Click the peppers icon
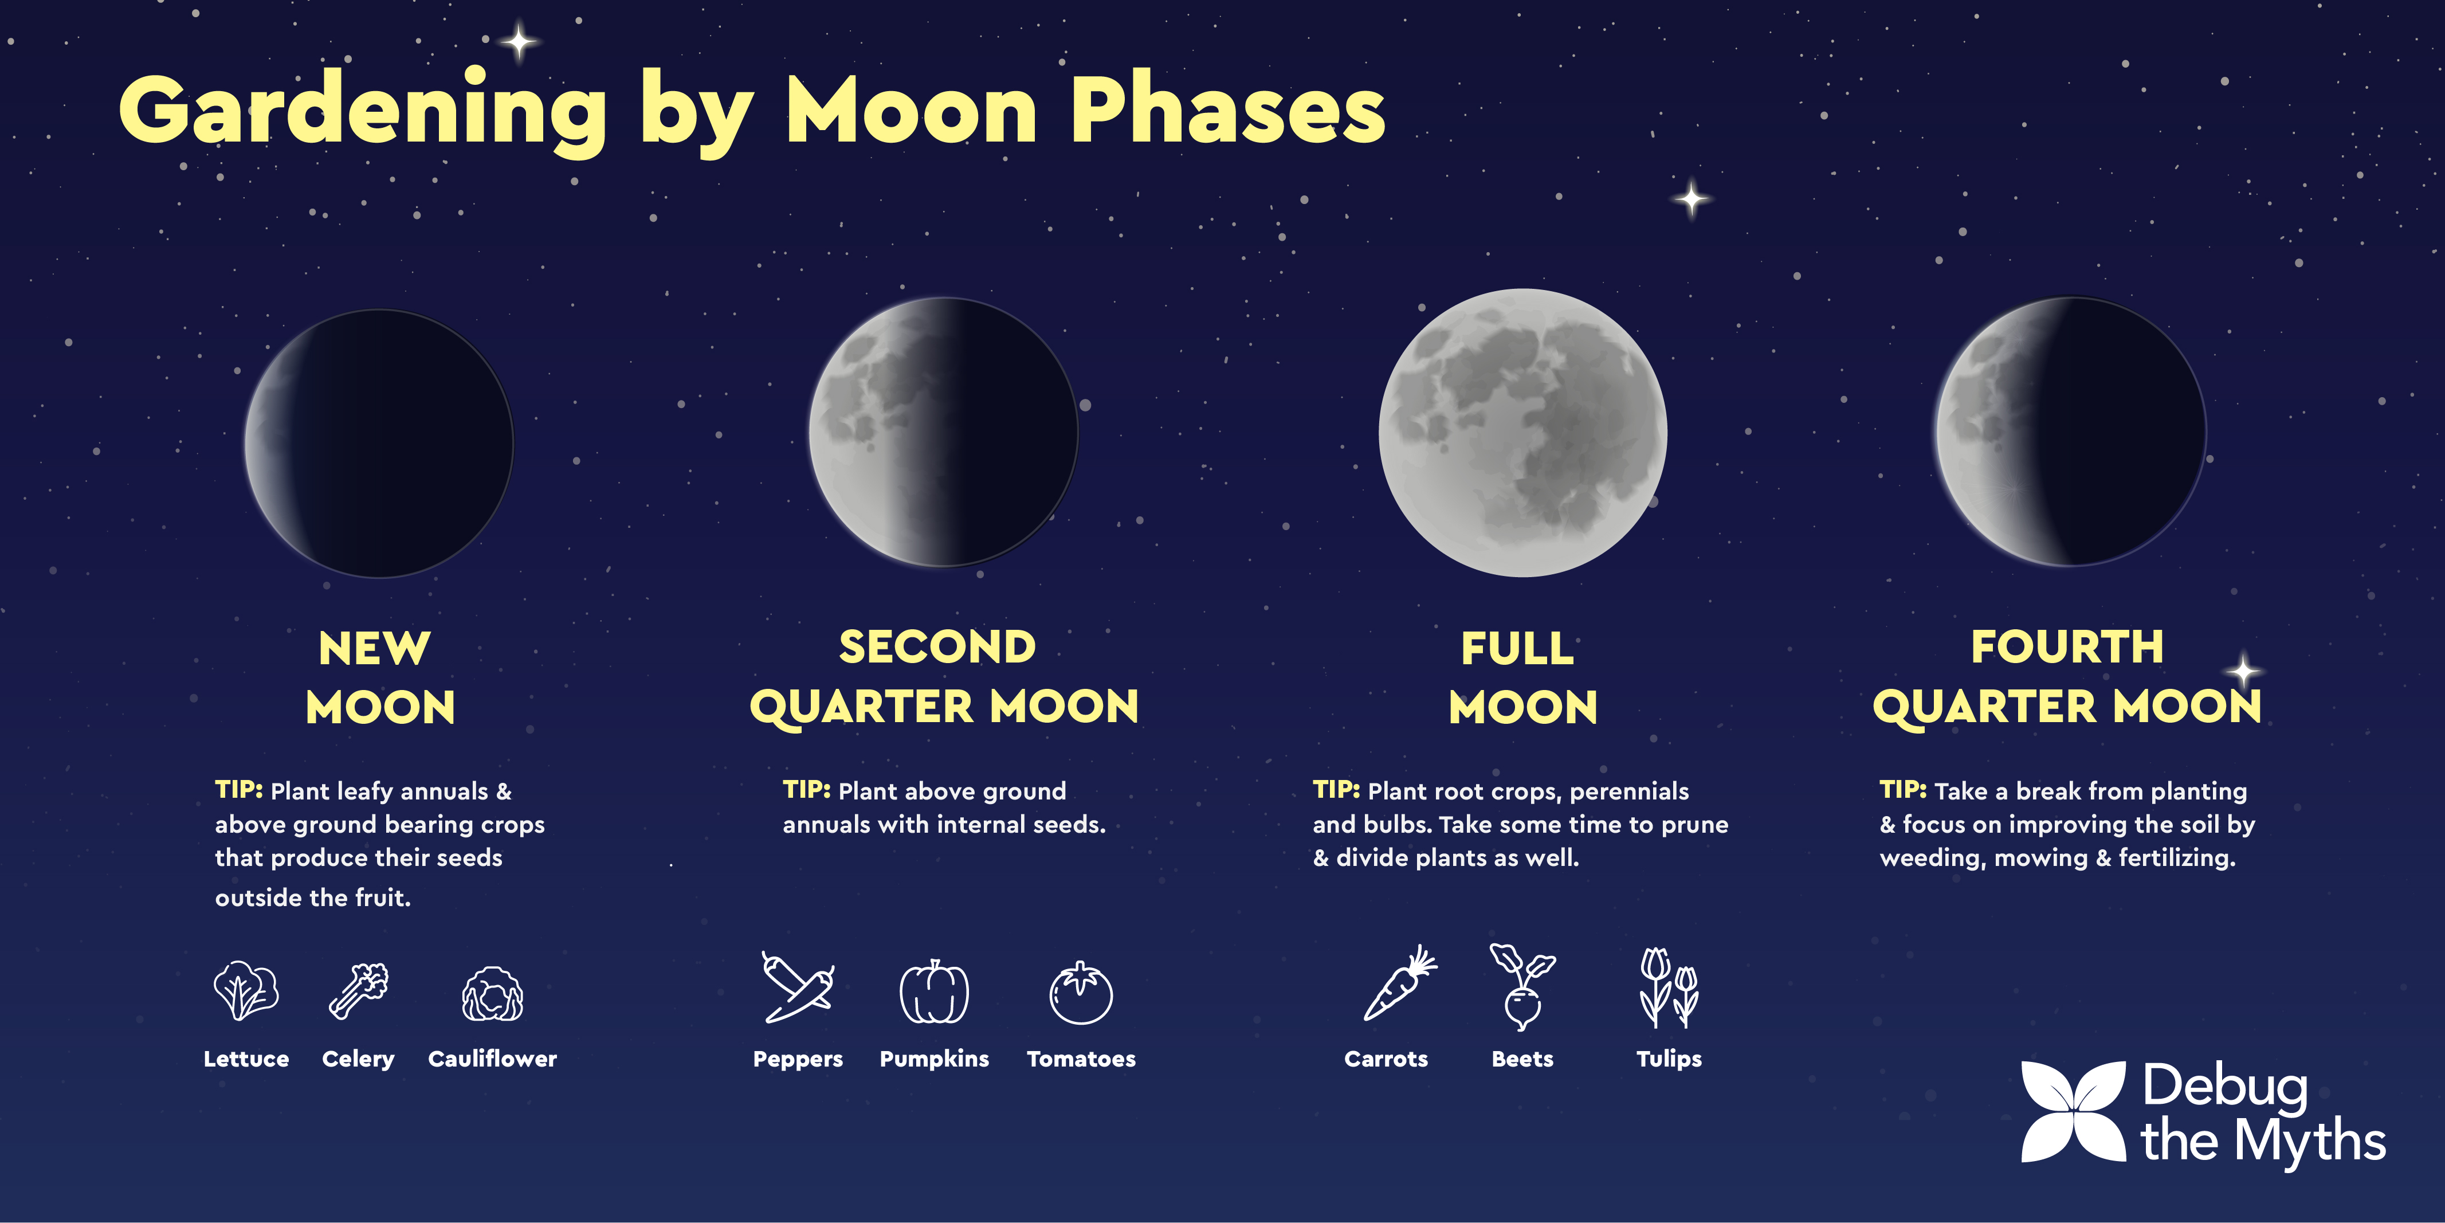(798, 987)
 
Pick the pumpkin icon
(934, 991)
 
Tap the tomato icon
(1081, 993)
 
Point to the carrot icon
(1400, 983)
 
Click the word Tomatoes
(1081, 1059)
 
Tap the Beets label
(1522, 1059)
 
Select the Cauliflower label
(493, 1059)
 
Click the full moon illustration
(1522, 433)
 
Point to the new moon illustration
(379, 444)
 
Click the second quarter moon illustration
(944, 432)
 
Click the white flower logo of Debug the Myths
(2074, 1112)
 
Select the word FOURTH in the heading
(2067, 648)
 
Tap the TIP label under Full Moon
(1336, 790)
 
